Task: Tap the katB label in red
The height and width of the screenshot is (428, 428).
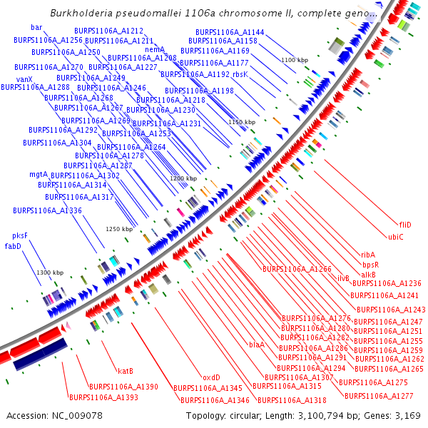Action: coord(126,370)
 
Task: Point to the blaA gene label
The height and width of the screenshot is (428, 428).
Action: coord(256,345)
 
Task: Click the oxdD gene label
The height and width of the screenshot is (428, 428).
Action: coord(210,377)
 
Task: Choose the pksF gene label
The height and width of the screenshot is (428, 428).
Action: coord(20,235)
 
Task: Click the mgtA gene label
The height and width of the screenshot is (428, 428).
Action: coord(39,174)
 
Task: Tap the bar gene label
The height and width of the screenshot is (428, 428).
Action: coord(36,27)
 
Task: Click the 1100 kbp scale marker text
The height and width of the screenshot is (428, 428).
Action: coord(294,60)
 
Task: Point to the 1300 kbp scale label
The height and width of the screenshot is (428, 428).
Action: coord(50,273)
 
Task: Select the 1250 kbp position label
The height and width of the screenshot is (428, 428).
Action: coord(119,229)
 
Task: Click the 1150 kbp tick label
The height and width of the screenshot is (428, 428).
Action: coord(241,122)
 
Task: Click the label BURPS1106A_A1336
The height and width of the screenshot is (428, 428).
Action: coord(47,210)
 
